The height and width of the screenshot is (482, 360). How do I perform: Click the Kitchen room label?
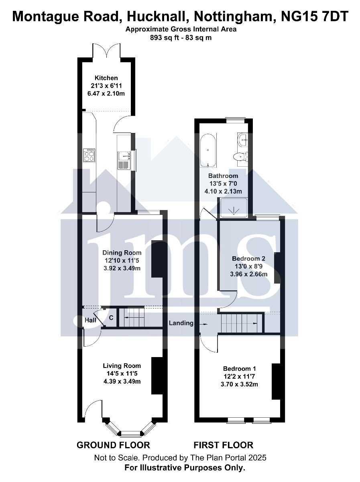(106, 78)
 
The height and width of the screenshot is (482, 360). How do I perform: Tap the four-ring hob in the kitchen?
(89, 155)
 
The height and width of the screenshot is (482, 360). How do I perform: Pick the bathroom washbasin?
(243, 139)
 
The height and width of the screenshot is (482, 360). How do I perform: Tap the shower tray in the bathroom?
(234, 208)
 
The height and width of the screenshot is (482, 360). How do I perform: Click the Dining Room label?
(122, 253)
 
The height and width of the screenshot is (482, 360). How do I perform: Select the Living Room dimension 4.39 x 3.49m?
(122, 382)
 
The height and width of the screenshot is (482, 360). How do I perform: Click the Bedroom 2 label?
(248, 258)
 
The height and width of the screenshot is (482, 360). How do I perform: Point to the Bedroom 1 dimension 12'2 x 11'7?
(239, 376)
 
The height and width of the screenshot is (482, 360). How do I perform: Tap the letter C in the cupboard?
(111, 318)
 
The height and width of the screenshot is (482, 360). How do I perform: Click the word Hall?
(90, 320)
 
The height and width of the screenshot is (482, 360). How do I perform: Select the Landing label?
(181, 323)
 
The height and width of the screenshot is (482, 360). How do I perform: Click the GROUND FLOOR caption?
(113, 445)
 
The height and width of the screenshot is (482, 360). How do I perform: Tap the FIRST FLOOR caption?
(223, 445)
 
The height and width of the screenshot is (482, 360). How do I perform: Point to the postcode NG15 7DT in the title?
(315, 16)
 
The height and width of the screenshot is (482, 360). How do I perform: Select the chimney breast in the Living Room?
(157, 376)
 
